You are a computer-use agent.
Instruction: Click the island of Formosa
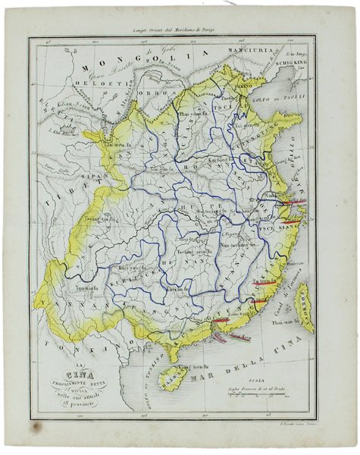304,309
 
